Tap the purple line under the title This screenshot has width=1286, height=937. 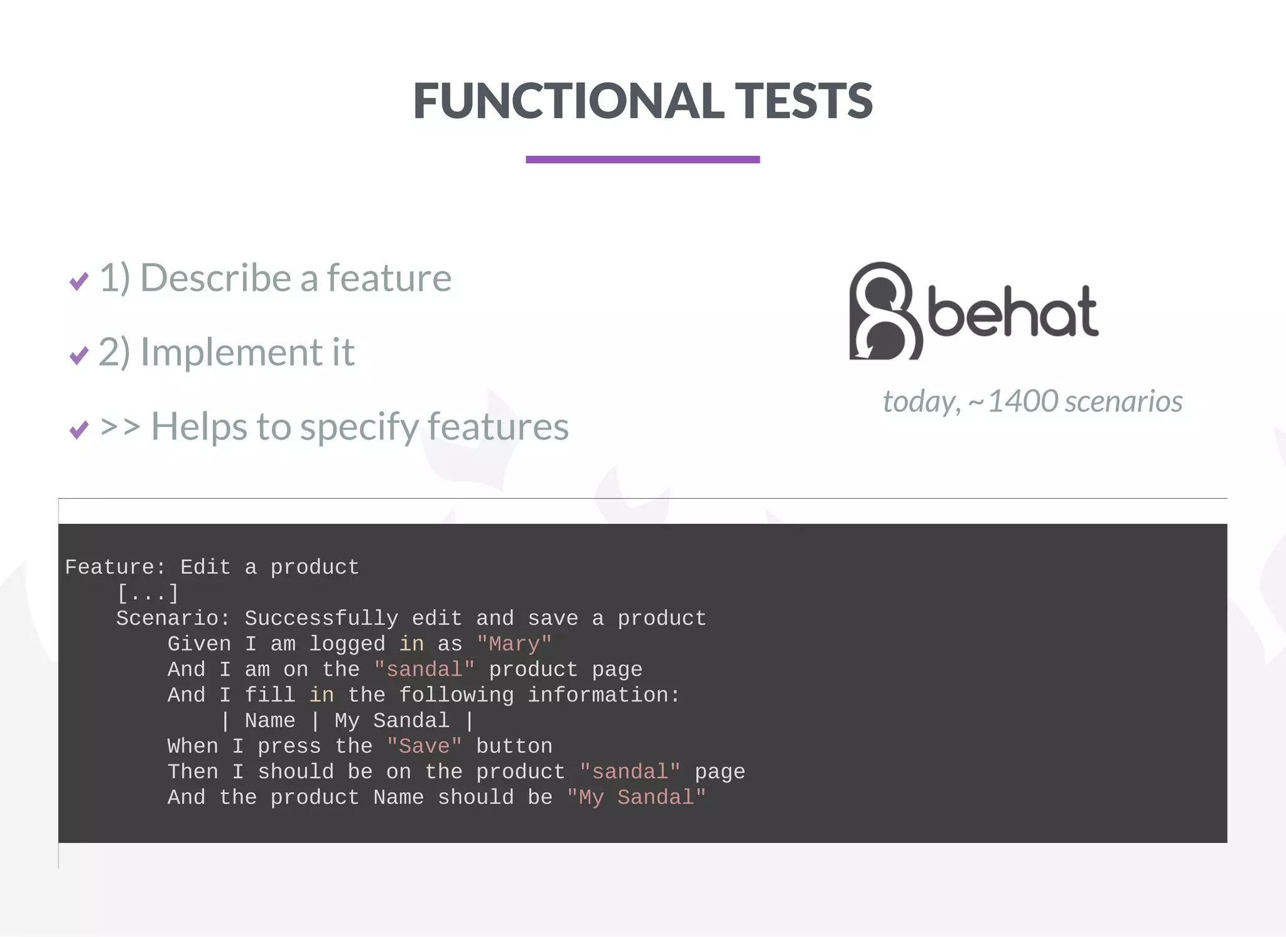coord(642,160)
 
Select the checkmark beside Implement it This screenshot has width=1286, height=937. coord(79,355)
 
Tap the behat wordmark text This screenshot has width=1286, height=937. coord(1012,312)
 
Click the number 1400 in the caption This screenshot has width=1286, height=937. coord(1022,401)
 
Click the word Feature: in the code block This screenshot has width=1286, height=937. coord(115,567)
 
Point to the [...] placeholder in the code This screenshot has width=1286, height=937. coord(148,593)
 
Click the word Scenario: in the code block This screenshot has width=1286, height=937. coord(173,619)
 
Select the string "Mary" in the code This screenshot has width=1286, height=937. coord(514,644)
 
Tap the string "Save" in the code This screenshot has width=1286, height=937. coord(424,747)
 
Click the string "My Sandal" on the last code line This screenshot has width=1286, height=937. coord(636,798)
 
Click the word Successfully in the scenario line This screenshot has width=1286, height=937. coord(321,619)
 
